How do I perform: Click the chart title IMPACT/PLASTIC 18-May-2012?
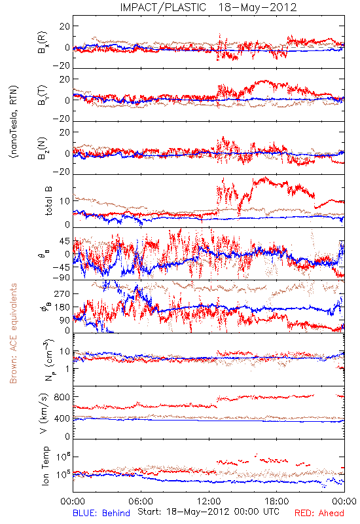point(208,7)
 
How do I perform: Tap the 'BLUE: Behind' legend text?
point(101,513)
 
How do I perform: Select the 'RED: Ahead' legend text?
point(319,513)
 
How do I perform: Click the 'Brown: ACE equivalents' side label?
point(13,333)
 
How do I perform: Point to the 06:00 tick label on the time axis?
point(141,501)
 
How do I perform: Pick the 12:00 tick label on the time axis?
point(209,501)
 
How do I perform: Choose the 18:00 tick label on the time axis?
point(277,501)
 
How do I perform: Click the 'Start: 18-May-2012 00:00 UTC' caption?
point(208,512)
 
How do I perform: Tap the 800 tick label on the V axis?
point(62,397)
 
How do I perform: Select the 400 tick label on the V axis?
point(62,419)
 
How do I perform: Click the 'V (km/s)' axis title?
point(44,413)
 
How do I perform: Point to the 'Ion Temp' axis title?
point(45,466)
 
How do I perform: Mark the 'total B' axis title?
point(48,201)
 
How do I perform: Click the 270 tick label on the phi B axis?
point(62,293)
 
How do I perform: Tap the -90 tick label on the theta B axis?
point(61,277)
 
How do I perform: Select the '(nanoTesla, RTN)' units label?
point(14,122)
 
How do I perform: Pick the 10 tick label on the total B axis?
point(65,201)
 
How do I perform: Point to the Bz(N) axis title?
point(43,148)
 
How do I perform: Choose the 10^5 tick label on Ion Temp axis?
point(63,474)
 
